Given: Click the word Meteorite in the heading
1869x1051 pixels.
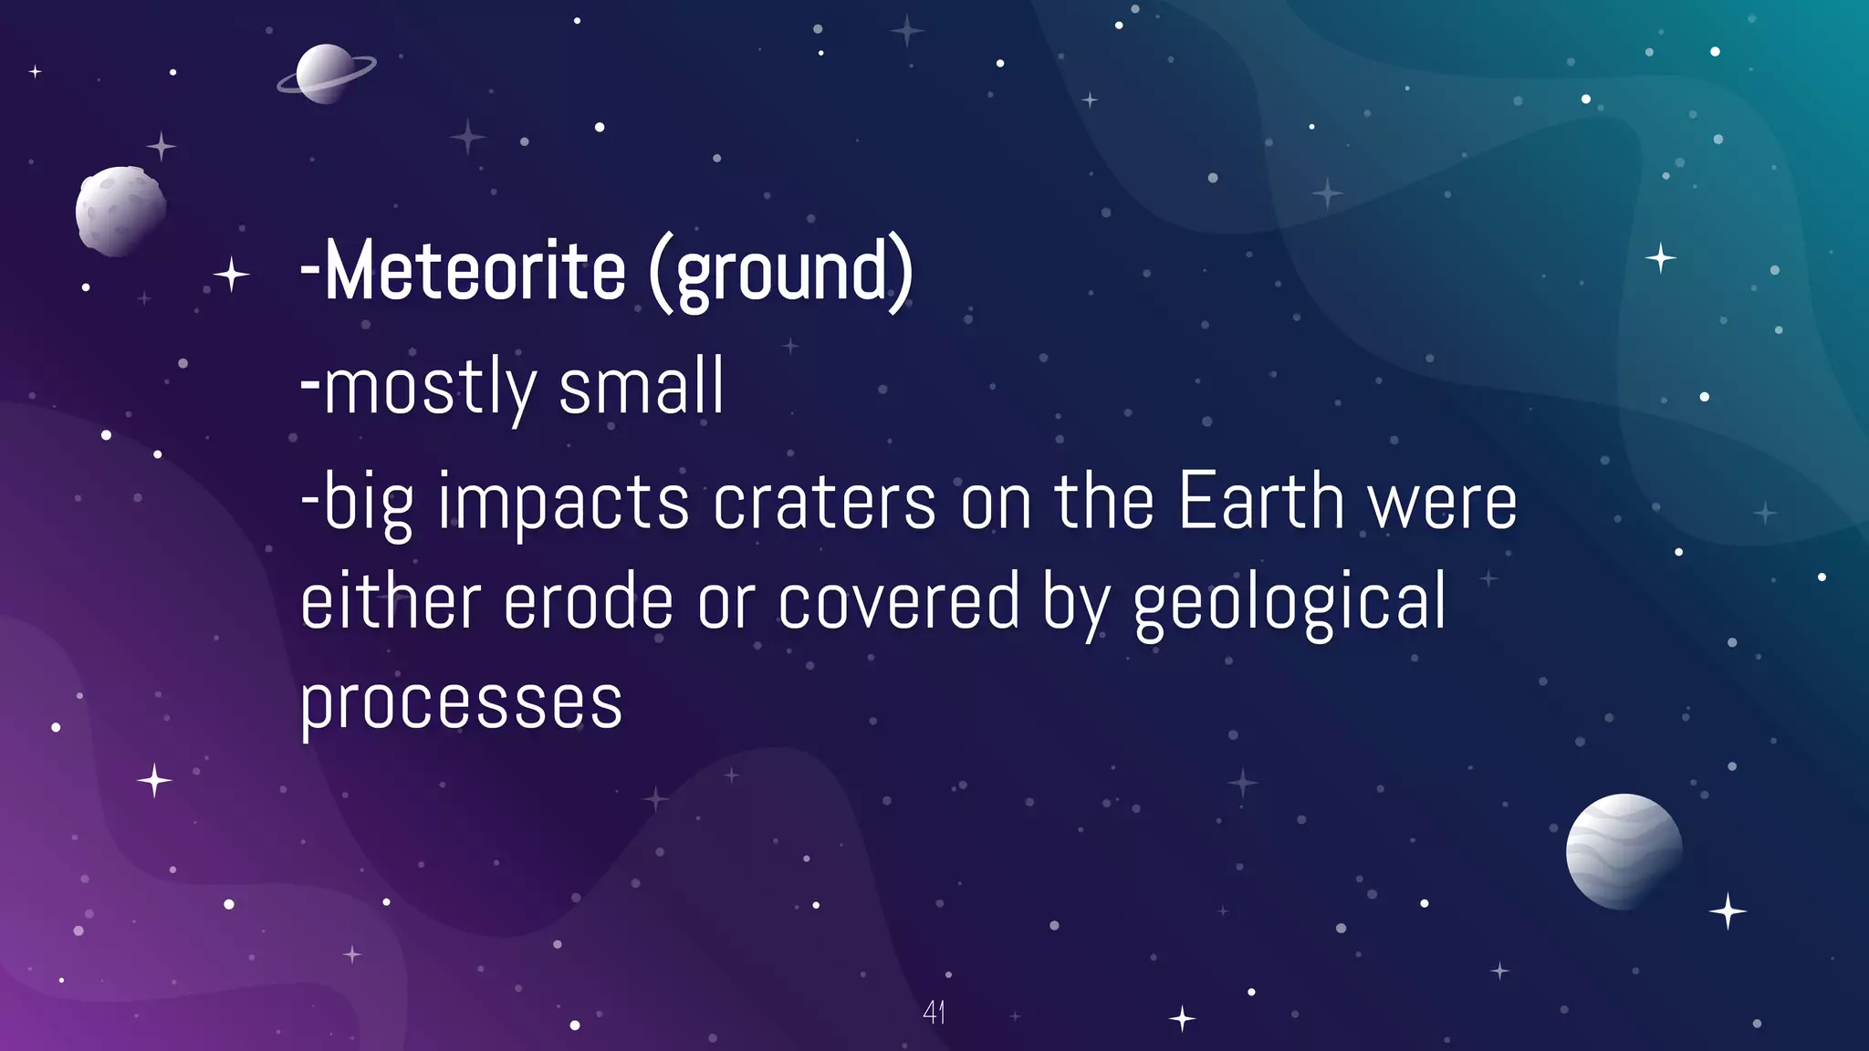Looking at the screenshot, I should [475, 271].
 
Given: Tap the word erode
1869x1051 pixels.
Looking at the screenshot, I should [588, 602].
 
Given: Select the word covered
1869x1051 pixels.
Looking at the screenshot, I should [899, 602].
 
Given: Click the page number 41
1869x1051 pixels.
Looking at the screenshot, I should [934, 1012].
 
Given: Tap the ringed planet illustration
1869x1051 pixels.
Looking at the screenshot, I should [326, 74].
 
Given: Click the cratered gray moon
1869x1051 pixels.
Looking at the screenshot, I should [120, 211].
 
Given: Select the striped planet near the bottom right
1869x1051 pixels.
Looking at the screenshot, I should [1624, 851].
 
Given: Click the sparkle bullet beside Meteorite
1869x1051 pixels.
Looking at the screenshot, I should [231, 274].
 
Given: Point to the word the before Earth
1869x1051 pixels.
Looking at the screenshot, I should [1104, 502].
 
